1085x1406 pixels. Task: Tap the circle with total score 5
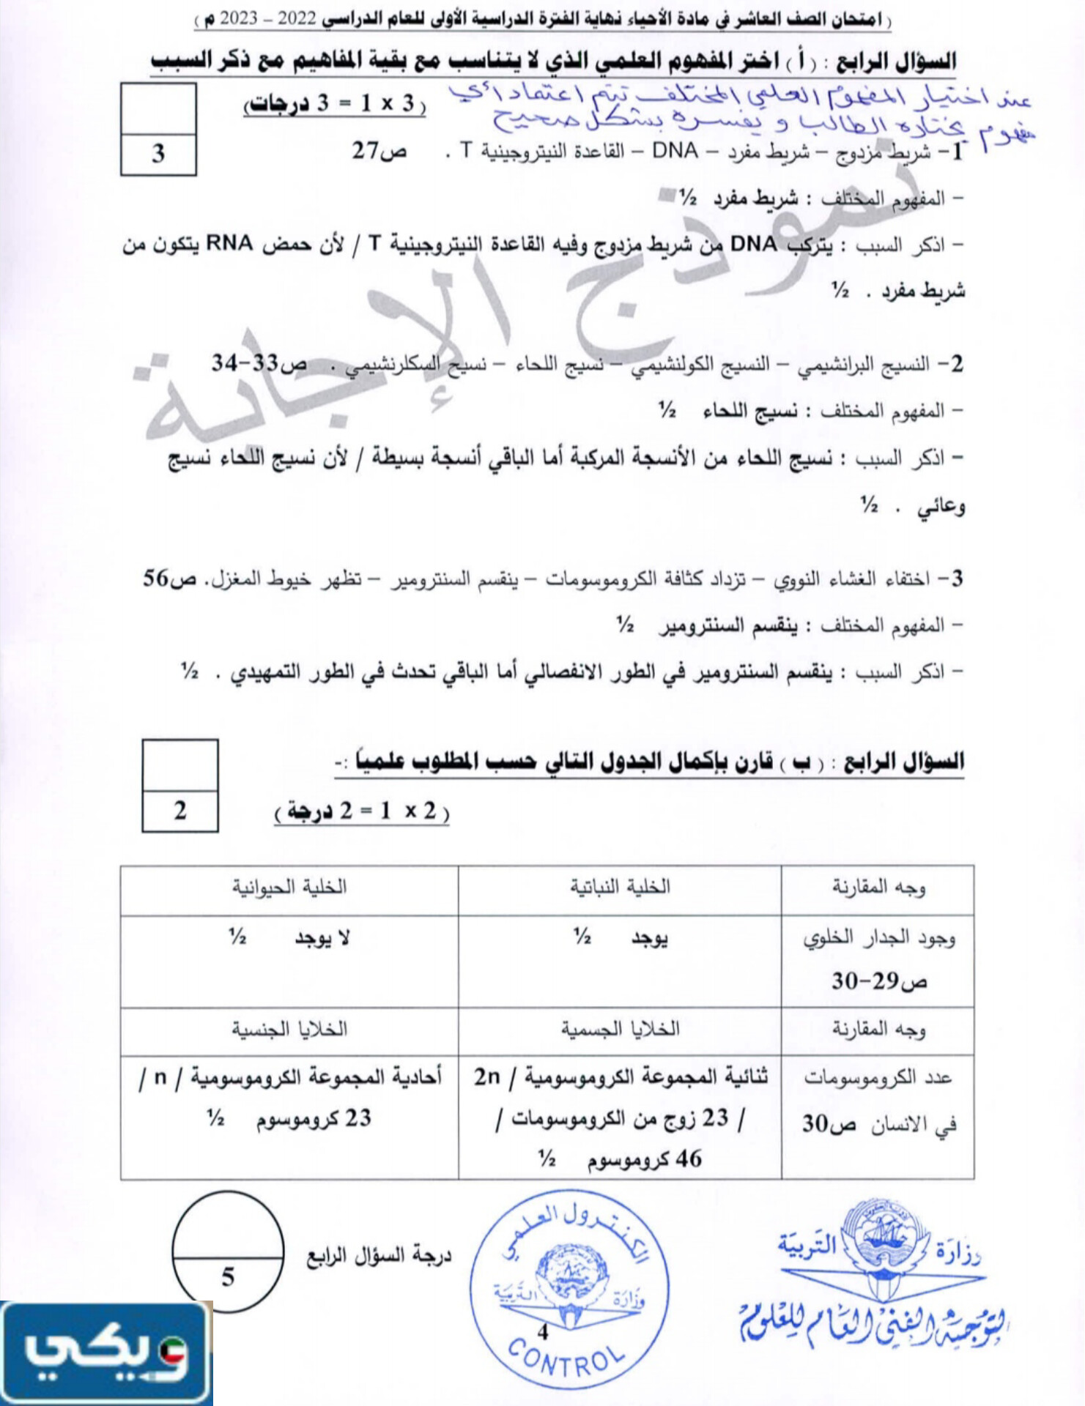click(x=228, y=1251)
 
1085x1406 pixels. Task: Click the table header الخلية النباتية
click(x=620, y=888)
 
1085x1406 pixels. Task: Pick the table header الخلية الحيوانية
click(x=289, y=888)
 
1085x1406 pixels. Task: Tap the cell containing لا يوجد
click(x=289, y=959)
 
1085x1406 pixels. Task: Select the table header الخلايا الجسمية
click(x=620, y=1030)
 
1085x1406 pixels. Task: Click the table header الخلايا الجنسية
click(x=289, y=1030)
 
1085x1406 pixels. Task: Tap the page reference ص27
click(x=378, y=152)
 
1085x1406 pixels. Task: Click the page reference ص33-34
click(x=258, y=363)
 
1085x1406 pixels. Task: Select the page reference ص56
click(x=169, y=579)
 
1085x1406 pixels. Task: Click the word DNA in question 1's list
click(x=674, y=152)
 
